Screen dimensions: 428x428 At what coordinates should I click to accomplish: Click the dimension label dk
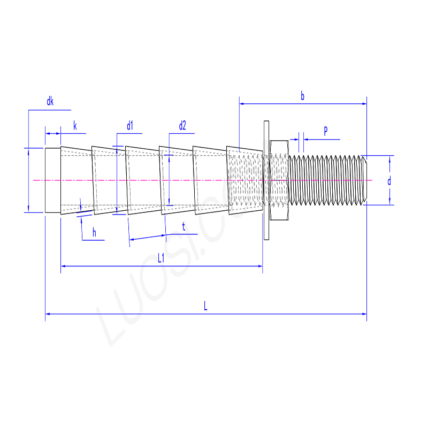click(50, 101)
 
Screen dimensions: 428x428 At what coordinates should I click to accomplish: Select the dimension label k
click(75, 126)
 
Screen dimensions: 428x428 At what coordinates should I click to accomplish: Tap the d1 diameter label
click(129, 126)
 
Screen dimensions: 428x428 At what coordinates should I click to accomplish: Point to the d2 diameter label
click(182, 126)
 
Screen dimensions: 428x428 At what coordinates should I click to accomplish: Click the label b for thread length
click(302, 96)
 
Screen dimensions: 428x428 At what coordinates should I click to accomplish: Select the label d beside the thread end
click(389, 181)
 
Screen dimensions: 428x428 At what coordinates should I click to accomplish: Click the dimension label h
click(94, 232)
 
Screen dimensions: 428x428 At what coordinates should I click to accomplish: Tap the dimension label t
click(184, 227)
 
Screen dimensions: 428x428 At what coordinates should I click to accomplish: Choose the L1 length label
click(161, 258)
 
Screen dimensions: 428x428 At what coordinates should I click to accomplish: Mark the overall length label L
click(205, 306)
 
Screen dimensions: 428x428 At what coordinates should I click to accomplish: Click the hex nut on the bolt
click(279, 180)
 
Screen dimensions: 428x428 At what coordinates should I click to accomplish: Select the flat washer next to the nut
click(266, 180)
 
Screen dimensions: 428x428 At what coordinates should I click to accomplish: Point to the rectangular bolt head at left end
click(52, 180)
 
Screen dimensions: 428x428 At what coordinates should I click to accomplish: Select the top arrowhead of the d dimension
click(390, 158)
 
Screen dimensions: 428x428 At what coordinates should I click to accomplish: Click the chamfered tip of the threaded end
click(365, 180)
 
